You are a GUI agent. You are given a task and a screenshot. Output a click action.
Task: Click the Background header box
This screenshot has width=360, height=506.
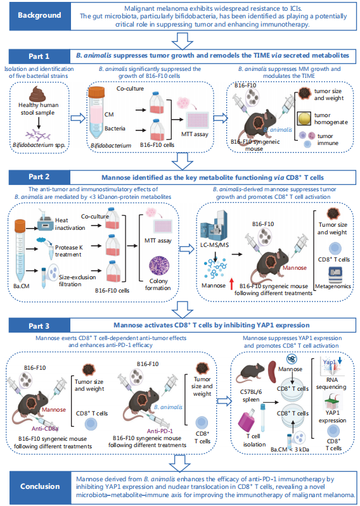[x=39, y=15]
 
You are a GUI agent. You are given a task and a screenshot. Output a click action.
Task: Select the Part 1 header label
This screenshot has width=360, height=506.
[x=39, y=56]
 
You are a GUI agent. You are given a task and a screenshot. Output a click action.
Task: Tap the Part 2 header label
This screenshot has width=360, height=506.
[x=39, y=177]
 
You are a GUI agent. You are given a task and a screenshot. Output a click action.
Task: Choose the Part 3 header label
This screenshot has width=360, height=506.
[x=39, y=326]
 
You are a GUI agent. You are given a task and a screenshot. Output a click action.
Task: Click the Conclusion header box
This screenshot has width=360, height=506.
[x=39, y=486]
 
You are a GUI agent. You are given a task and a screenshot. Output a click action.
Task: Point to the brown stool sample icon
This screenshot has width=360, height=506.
[x=37, y=94]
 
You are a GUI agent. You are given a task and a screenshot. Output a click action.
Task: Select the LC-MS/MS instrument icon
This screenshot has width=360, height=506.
[x=214, y=226]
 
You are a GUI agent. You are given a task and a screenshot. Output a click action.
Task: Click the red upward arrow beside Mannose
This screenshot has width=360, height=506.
[x=231, y=284]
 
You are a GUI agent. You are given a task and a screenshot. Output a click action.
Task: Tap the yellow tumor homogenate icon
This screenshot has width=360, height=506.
[x=304, y=118]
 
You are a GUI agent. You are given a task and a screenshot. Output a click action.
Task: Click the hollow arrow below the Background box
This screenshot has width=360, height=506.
[x=183, y=41]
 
